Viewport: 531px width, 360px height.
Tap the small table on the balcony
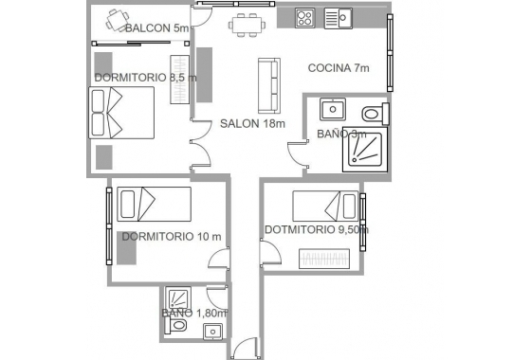click(117, 18)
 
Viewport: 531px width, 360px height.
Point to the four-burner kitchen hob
click(305, 17)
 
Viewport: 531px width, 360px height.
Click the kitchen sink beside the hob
click(338, 17)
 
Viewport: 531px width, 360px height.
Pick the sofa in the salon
click(269, 84)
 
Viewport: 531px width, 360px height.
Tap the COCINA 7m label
click(339, 68)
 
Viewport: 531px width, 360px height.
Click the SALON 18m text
click(253, 123)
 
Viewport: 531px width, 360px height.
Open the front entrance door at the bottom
click(246, 349)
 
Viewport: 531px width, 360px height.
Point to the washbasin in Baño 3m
click(332, 110)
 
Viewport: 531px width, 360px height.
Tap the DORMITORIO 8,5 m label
click(145, 77)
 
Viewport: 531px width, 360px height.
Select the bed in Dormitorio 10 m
click(152, 204)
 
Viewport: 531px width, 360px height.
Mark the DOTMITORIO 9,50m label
click(316, 228)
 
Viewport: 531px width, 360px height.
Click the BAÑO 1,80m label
click(193, 313)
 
